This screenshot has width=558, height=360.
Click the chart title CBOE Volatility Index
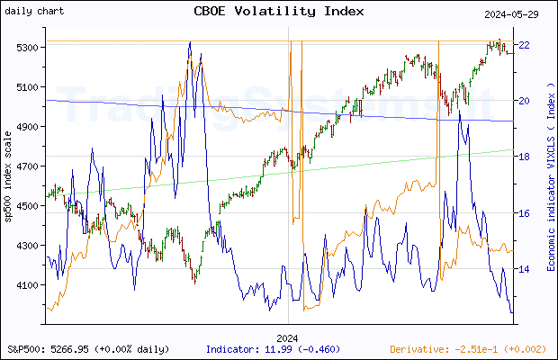pyautogui.click(x=279, y=12)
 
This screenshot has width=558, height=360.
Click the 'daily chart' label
pyautogui.click(x=33, y=11)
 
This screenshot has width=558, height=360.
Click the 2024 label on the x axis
pyautogui.click(x=288, y=337)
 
